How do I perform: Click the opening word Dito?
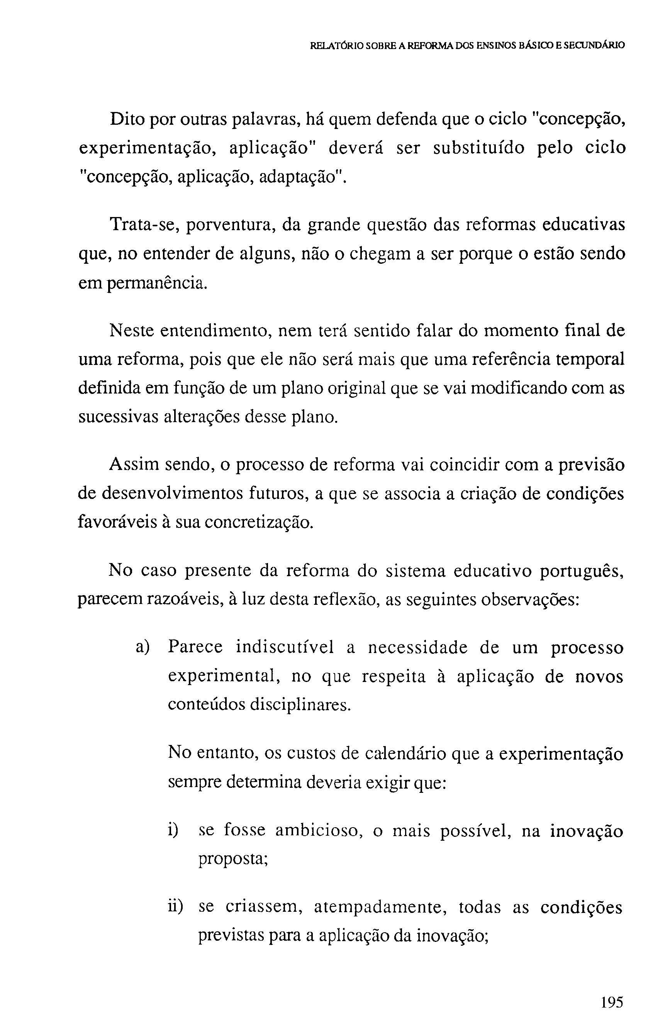[127, 119]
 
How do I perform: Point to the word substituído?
[478, 148]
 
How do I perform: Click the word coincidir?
[458, 465]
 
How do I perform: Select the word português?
[581, 572]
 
